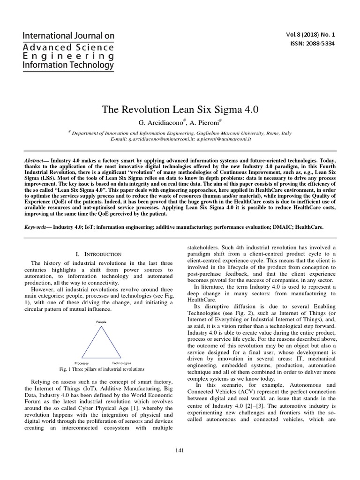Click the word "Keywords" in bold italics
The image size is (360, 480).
click(x=37, y=226)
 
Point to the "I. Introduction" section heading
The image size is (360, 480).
click(x=98, y=254)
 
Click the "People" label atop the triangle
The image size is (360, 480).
click(x=101, y=322)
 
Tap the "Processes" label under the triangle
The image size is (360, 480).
click(x=82, y=363)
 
